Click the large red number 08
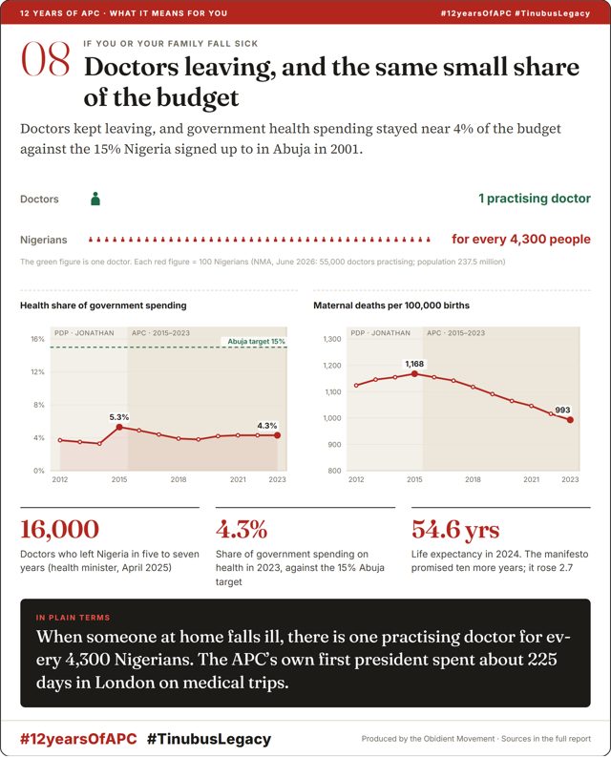pos(46,59)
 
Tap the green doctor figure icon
pos(95,199)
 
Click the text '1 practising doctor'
pos(534,199)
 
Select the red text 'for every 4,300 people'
pos(521,240)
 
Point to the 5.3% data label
pos(119,417)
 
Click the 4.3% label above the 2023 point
pos(266,426)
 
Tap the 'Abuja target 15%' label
pos(256,342)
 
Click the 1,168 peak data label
pos(414,364)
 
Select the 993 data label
pos(562,410)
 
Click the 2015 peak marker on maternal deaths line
pos(414,373)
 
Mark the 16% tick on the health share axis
pos(37,339)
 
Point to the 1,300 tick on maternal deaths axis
pos(332,339)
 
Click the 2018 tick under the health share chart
pos(179,479)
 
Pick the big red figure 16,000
pos(59,529)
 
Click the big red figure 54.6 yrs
pos(455,529)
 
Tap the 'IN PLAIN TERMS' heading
pos(73,618)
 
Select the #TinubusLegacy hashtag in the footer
pos(209,739)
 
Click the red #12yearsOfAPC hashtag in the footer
pos(78,739)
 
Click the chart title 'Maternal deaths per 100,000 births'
pos(391,305)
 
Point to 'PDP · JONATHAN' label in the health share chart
pos(84,333)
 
